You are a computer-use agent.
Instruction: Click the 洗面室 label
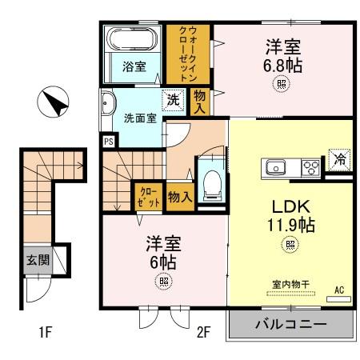pyautogui.click(x=139, y=119)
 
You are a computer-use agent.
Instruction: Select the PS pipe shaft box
pyautogui.click(x=108, y=142)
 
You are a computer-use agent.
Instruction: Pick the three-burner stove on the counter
pyautogui.click(x=310, y=166)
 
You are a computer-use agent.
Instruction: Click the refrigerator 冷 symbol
pyautogui.click(x=339, y=158)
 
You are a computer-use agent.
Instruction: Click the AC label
pyautogui.click(x=338, y=290)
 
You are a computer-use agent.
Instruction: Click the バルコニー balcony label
pyautogui.click(x=290, y=325)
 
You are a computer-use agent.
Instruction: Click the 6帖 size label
pyautogui.click(x=163, y=260)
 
